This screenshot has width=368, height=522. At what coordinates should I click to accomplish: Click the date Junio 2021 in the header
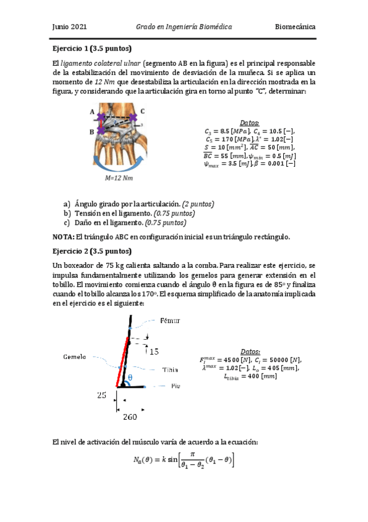click(69, 27)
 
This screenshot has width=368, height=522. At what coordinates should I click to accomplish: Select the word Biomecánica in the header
click(295, 27)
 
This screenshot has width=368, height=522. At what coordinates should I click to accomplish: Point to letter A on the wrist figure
click(92, 112)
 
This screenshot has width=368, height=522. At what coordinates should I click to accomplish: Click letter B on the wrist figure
click(92, 131)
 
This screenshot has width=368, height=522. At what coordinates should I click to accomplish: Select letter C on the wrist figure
click(143, 111)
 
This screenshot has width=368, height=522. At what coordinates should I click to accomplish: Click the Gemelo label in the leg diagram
click(75, 357)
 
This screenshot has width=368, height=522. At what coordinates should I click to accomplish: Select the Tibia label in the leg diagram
click(170, 369)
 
